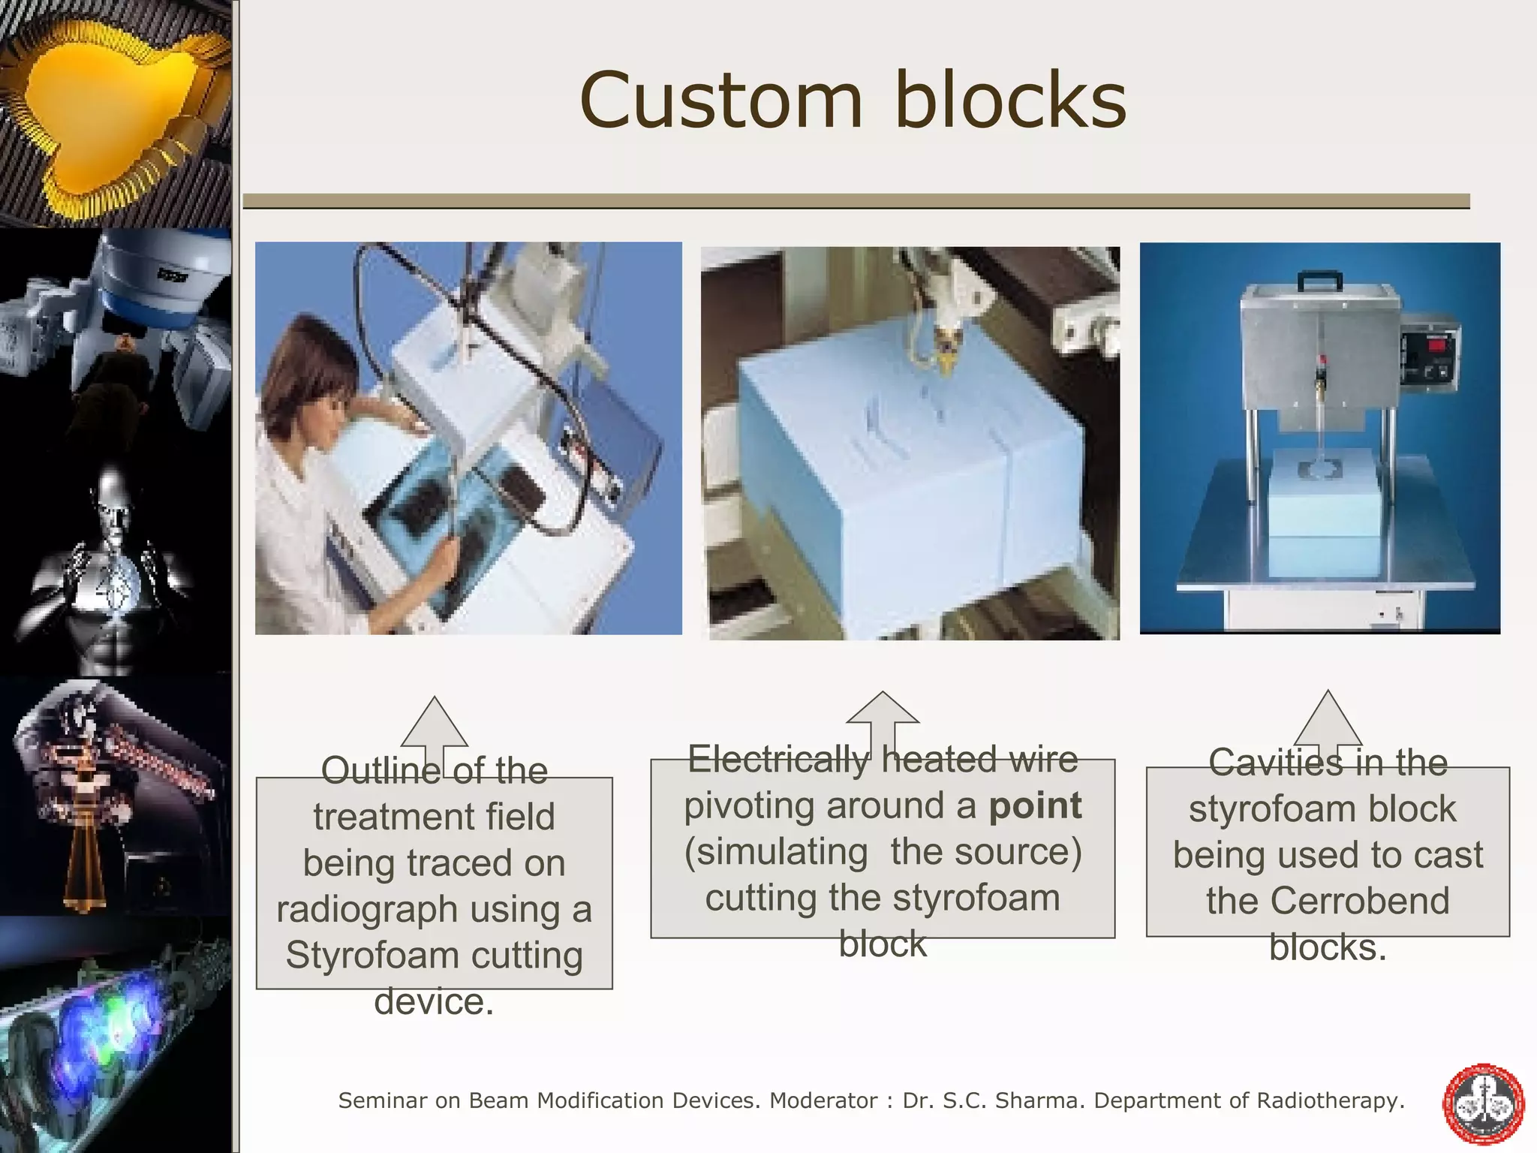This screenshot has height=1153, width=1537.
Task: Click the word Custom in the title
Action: tap(720, 101)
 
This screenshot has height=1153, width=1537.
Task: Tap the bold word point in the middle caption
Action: tap(1035, 805)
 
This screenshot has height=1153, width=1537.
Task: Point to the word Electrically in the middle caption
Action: tap(778, 759)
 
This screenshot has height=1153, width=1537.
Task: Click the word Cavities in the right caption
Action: tap(1267, 763)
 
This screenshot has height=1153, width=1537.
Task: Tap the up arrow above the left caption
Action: tap(435, 728)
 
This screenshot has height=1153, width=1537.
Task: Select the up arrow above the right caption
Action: tap(1328, 721)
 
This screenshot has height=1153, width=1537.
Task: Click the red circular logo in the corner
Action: tap(1483, 1105)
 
